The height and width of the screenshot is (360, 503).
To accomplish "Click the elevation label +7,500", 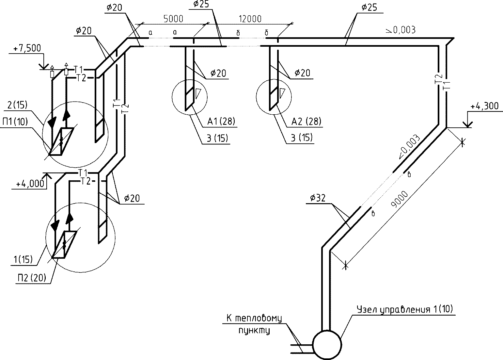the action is tap(27, 48).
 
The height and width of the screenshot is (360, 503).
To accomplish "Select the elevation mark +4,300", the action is tap(484, 106).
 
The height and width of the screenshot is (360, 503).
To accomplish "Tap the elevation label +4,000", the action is tap(30, 184).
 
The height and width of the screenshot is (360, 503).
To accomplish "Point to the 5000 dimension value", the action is tap(173, 19).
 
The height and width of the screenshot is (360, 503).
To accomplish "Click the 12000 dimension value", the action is tap(250, 19).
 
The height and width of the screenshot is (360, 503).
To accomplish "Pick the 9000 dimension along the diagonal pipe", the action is tap(399, 199).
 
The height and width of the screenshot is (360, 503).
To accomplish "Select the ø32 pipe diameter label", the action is tap(318, 198).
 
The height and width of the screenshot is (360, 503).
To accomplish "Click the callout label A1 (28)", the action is tap(221, 121).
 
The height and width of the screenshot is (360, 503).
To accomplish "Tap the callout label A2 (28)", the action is tap(306, 121).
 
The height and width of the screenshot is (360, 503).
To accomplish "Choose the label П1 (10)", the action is tap(15, 122).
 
